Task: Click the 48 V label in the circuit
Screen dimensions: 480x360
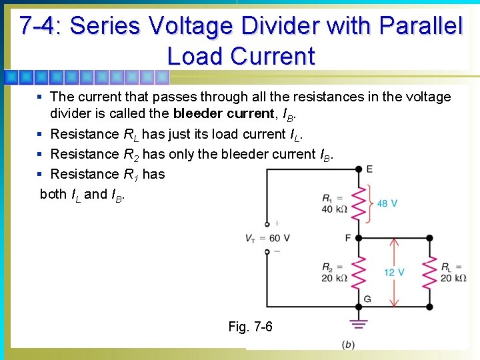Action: point(387,203)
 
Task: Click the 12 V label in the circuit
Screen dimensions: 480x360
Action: point(393,272)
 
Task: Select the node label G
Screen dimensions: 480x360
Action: point(367,299)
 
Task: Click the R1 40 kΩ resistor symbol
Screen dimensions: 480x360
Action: point(358,203)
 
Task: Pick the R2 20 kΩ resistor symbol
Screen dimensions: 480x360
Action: point(358,272)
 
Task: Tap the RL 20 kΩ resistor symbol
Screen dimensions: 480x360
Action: point(430,272)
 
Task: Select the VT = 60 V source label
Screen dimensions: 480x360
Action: point(268,239)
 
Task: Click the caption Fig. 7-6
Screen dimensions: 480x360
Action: point(250,327)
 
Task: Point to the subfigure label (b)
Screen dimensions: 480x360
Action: point(348,344)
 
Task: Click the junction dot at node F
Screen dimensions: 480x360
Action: point(358,237)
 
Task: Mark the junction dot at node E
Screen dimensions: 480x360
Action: point(358,169)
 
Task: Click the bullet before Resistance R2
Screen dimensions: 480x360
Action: point(41,154)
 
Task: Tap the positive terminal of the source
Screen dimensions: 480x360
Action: point(267,225)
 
